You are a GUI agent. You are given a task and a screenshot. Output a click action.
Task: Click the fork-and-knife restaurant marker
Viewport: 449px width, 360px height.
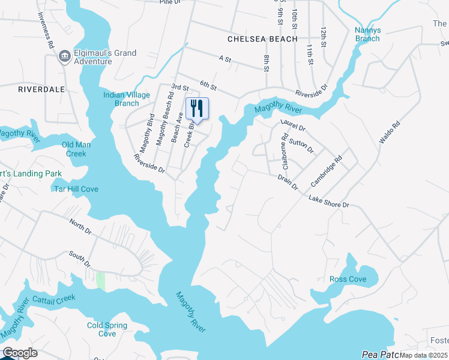(x=197, y=109)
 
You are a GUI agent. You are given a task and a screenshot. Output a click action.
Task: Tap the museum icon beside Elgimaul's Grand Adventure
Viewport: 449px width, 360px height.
(x=64, y=56)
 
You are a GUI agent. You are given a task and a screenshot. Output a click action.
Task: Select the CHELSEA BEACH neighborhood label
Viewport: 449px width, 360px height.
(x=262, y=39)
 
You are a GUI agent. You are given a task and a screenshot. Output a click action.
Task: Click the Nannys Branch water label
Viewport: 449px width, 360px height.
(x=367, y=34)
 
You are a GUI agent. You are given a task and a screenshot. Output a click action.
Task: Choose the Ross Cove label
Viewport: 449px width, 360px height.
(x=348, y=280)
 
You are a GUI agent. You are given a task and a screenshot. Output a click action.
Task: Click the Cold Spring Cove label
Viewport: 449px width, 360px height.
(x=107, y=329)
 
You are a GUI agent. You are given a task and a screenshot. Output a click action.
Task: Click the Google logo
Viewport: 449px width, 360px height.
(x=20, y=353)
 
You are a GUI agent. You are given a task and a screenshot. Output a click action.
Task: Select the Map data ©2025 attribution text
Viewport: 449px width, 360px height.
(x=424, y=355)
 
